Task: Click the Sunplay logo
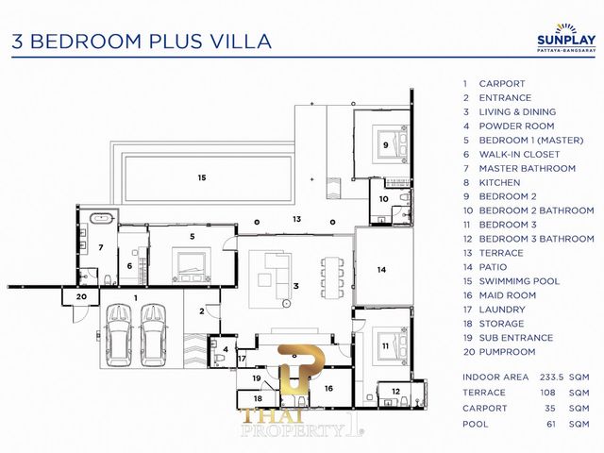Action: (x=566, y=38)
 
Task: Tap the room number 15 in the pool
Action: (x=202, y=177)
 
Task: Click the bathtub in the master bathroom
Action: (x=102, y=218)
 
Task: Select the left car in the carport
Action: (x=118, y=335)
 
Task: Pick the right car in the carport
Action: (x=154, y=335)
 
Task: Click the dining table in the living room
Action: (x=332, y=277)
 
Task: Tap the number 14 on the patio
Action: (x=381, y=270)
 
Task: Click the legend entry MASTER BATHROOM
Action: (x=527, y=168)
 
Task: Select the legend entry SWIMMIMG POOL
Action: (x=519, y=281)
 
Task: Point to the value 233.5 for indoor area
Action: (x=551, y=377)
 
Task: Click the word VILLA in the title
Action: (x=243, y=42)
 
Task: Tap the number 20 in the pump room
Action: (x=81, y=296)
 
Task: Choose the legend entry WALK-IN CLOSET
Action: (x=519, y=154)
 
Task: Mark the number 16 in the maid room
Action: (x=328, y=388)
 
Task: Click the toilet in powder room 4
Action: (x=220, y=359)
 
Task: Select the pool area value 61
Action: (x=551, y=424)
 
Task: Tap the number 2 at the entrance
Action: (x=202, y=311)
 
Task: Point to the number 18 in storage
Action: (x=258, y=398)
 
